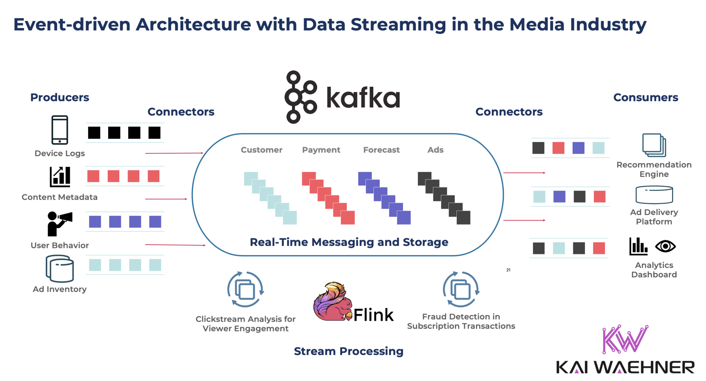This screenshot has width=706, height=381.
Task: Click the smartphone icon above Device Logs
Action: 60,130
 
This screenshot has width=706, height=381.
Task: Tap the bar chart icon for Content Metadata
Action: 60,177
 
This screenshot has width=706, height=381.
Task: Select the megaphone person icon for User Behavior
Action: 59,224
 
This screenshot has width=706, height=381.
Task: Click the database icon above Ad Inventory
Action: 60,269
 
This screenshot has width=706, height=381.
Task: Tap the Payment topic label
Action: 321,150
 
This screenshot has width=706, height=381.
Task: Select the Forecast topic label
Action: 381,150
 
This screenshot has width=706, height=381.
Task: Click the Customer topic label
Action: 261,150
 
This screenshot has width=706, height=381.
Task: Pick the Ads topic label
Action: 435,150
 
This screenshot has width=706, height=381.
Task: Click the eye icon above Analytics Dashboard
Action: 665,246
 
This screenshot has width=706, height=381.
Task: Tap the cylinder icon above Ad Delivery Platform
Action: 654,195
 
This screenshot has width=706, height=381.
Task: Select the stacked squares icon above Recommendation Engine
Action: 654,145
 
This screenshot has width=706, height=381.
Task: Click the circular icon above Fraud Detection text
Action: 461,289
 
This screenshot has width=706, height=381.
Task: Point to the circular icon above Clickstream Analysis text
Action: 245,289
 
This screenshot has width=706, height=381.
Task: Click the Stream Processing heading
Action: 349,351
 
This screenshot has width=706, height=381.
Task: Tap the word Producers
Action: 60,97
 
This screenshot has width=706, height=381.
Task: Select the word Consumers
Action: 646,97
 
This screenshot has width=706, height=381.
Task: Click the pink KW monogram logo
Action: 625,339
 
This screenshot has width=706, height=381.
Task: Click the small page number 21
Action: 508,270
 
